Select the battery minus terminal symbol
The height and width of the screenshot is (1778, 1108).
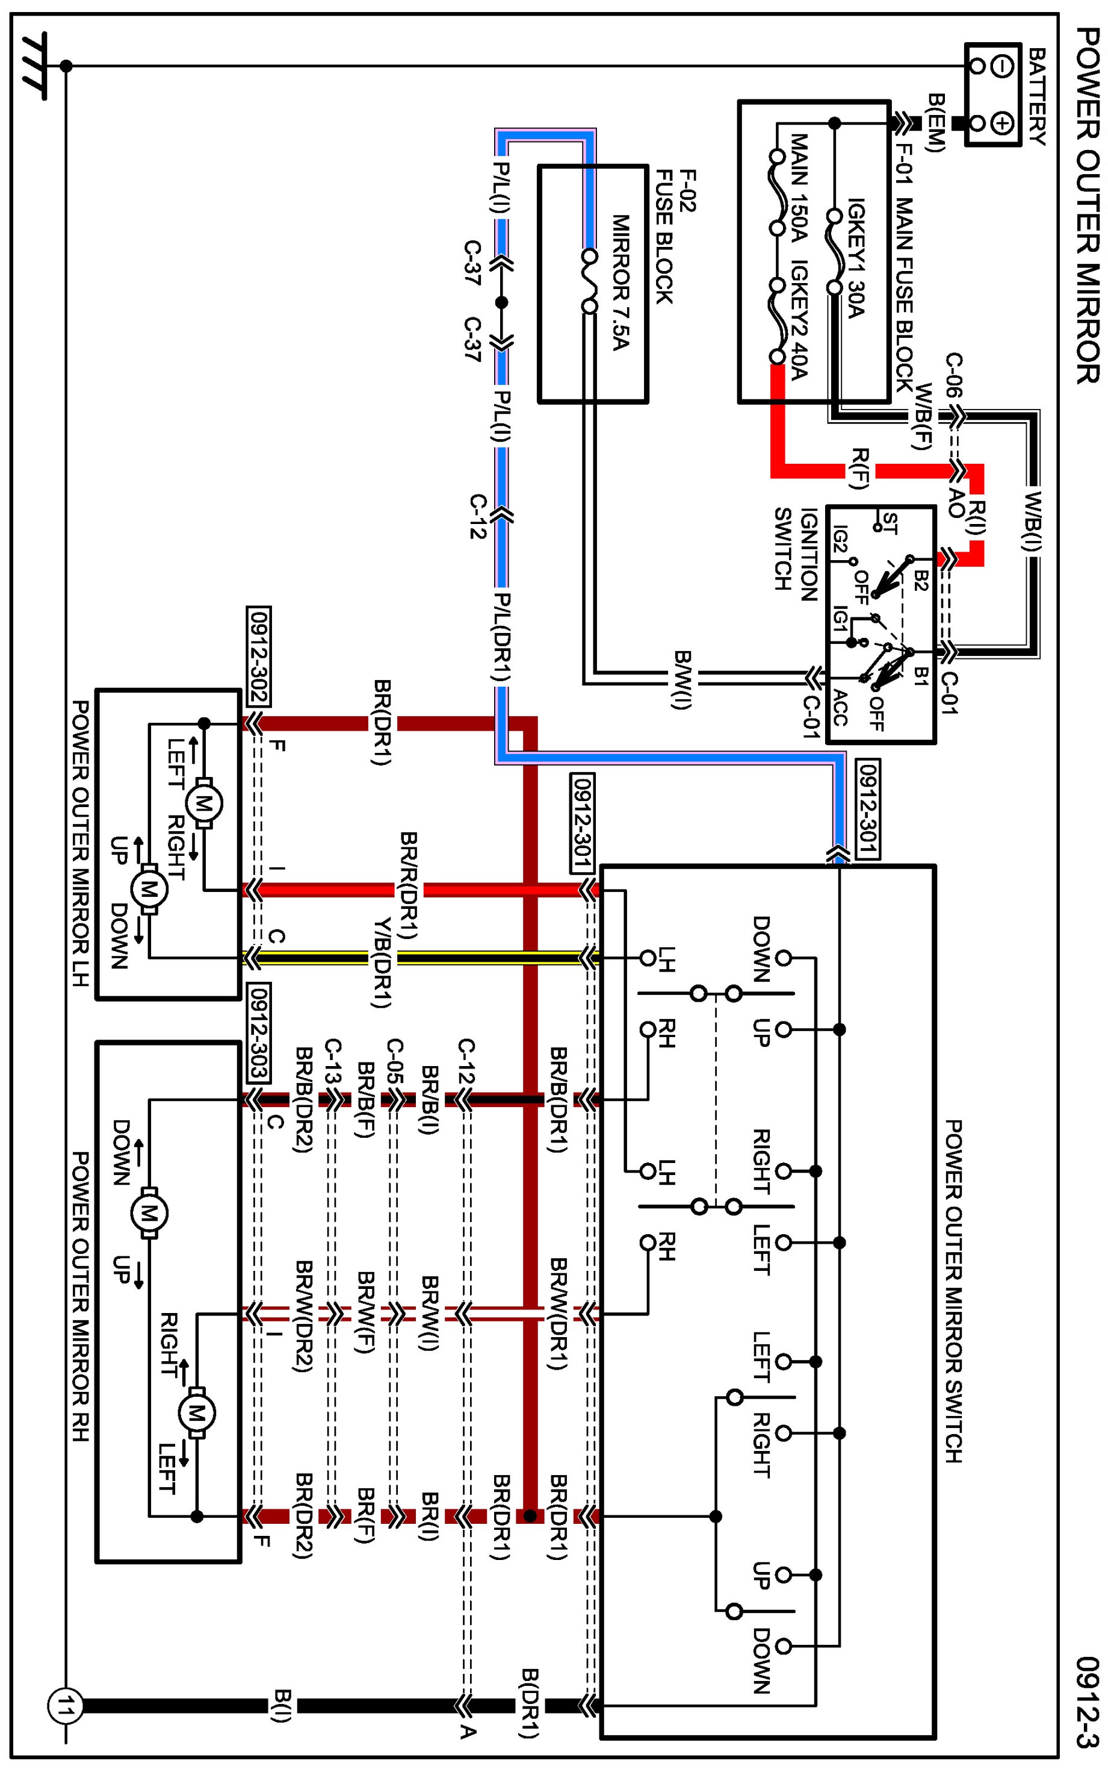pyautogui.click(x=1003, y=66)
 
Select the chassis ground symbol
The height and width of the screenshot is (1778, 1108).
pyautogui.click(x=33, y=66)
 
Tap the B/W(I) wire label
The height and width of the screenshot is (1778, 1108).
pyautogui.click(x=681, y=679)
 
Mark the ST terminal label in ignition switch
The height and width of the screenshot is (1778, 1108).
pyautogui.click(x=889, y=523)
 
